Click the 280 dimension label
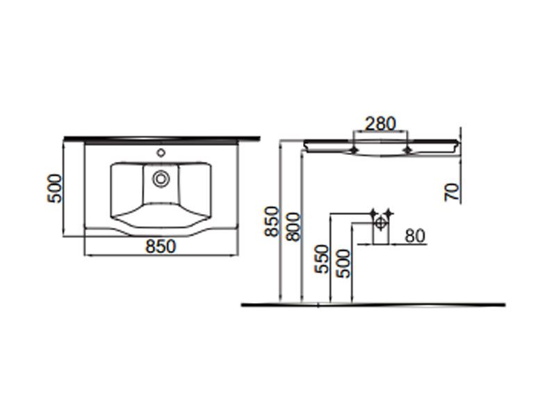point(380,124)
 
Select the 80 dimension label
point(414,236)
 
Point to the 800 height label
point(293,227)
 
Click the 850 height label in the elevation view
point(272,221)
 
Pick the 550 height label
point(322,259)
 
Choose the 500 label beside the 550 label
point(343,264)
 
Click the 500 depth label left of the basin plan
point(54,188)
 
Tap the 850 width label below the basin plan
point(161,247)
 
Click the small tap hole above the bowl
point(161,153)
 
